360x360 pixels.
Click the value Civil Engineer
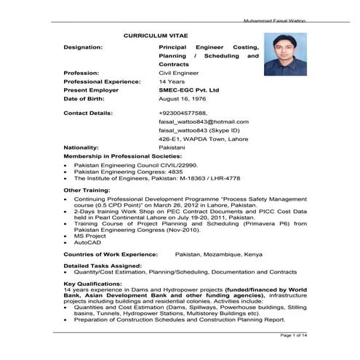coord(178,73)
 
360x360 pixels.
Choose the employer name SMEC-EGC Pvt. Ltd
coord(189,89)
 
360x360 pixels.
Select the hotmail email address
coord(203,122)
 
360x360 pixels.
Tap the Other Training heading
coord(87,190)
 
